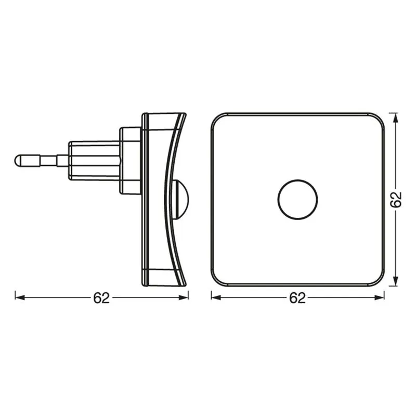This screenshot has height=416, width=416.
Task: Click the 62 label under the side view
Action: [x=101, y=298]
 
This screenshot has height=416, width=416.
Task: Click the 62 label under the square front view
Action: [x=297, y=298]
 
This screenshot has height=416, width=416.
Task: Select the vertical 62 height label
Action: [x=396, y=199]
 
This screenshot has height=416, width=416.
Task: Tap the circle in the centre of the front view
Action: [x=297, y=200]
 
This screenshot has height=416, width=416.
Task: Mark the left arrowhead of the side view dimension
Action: [x=17, y=297]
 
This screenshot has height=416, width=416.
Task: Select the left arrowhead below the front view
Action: [x=214, y=297]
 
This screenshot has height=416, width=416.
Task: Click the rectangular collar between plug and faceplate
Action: [x=130, y=160]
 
